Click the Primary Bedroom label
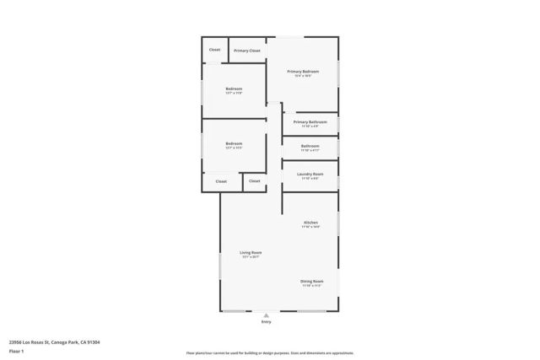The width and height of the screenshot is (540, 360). tap(303, 72)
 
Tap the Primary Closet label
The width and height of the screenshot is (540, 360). tap(247, 51)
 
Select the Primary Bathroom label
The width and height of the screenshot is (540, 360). tap(310, 122)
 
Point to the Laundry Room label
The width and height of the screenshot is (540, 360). tap(310, 174)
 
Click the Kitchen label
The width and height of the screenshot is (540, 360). tap(310, 223)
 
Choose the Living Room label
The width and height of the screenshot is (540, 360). tap(251, 253)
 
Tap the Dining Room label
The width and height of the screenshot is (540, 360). tap(312, 281)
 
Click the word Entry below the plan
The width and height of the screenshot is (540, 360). tap(267, 322)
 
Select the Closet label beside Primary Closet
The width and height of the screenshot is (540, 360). tap(214, 50)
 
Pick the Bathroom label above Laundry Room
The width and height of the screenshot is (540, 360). tap(310, 146)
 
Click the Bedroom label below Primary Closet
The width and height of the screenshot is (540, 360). tap(234, 89)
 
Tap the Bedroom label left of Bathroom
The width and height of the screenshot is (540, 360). tap(234, 143)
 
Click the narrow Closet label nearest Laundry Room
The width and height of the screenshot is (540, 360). tap(254, 181)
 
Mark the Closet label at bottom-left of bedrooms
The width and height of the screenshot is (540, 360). tap(221, 181)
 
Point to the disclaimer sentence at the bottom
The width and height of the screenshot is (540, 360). tap(270, 353)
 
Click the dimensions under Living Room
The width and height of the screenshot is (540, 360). tap(251, 257)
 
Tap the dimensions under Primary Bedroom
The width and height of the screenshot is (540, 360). tap(303, 76)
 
